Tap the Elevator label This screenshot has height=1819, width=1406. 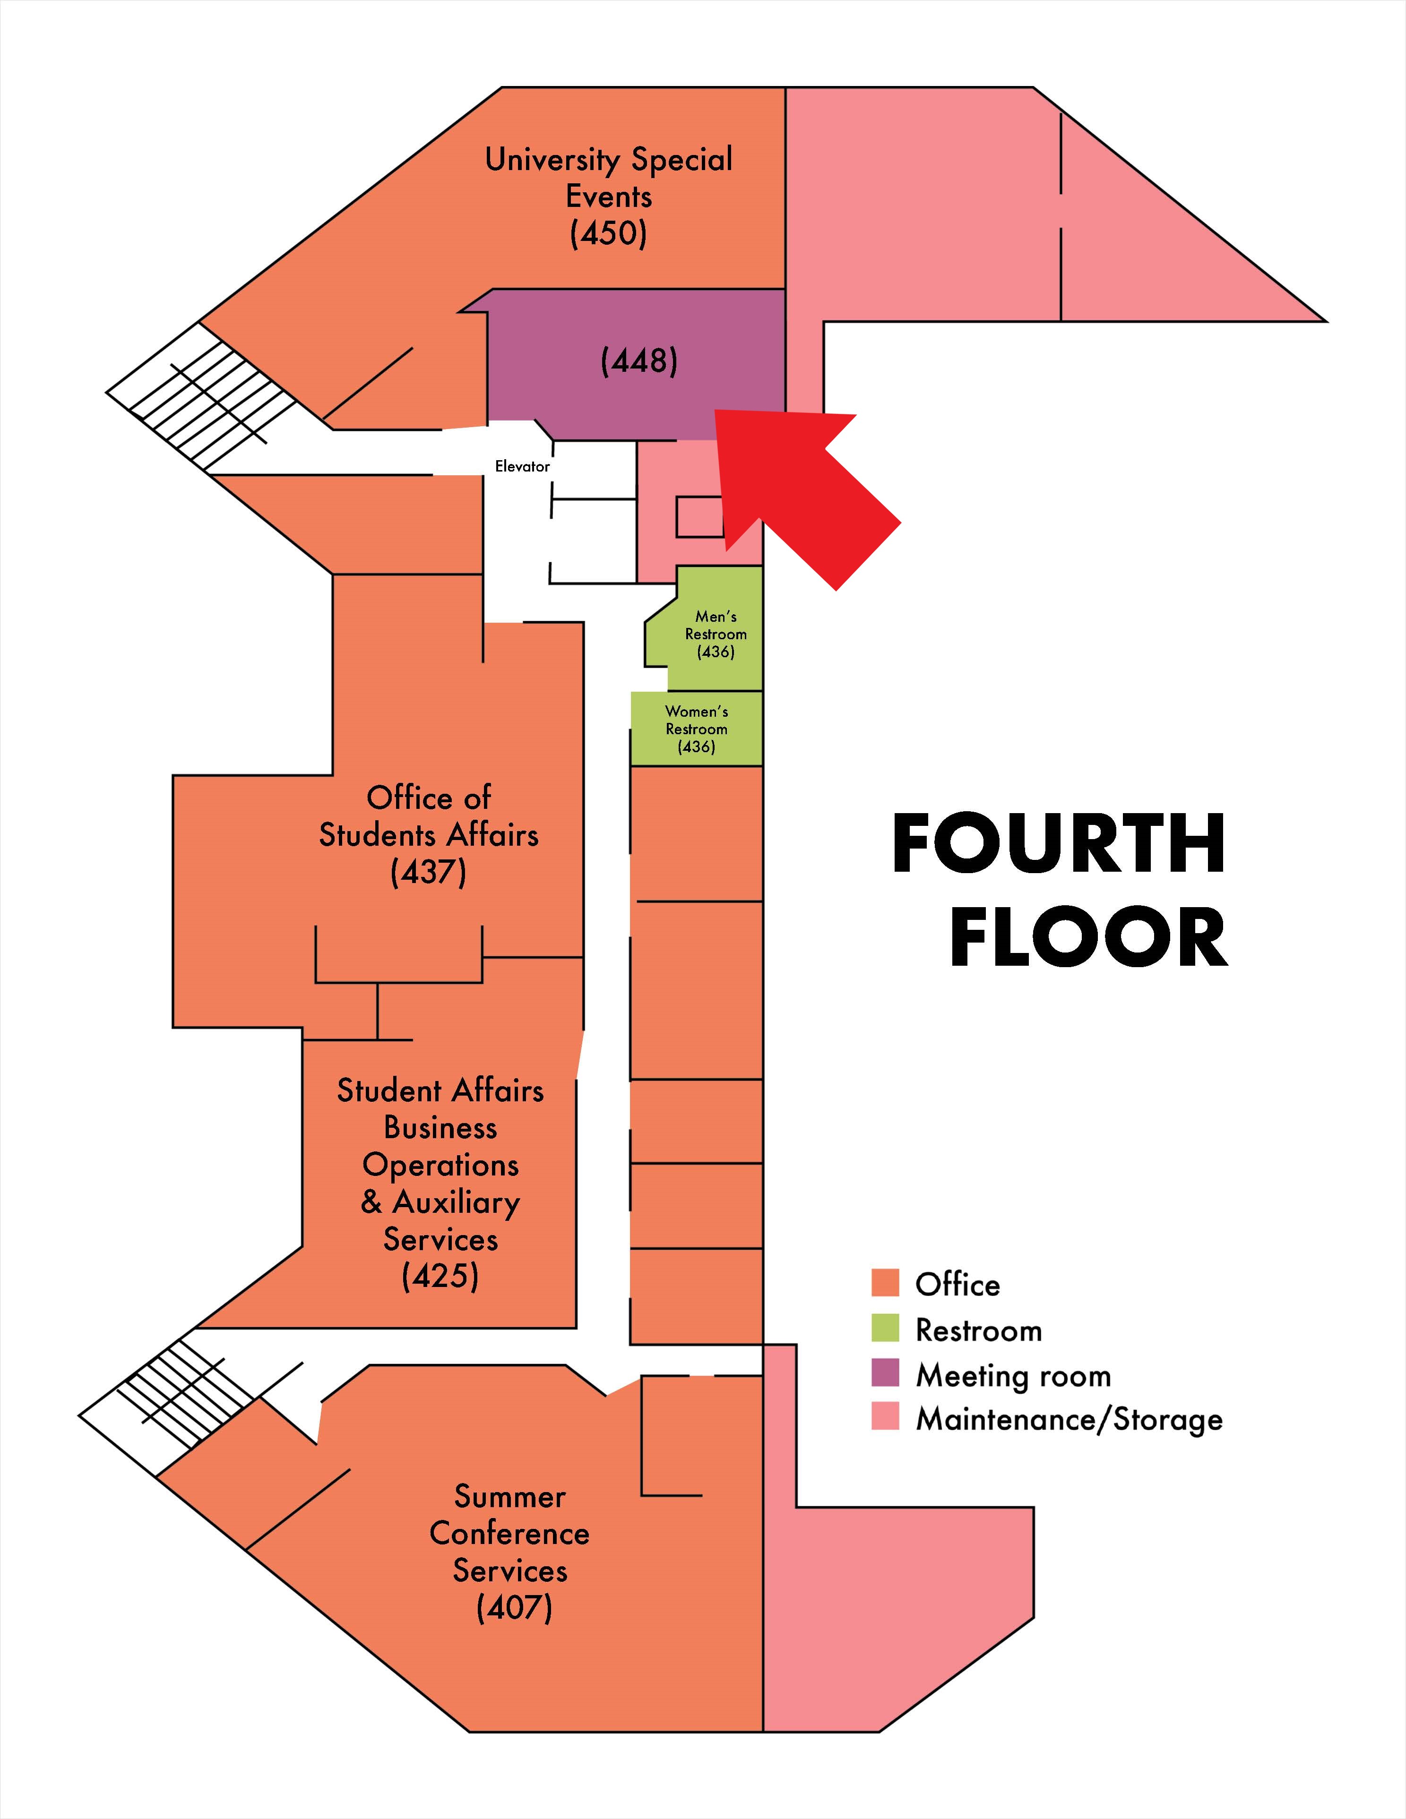pyautogui.click(x=522, y=466)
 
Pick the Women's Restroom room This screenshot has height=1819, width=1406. pyautogui.click(x=696, y=729)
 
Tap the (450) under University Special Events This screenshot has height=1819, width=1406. pyautogui.click(x=608, y=233)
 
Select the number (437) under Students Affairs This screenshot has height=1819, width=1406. pyautogui.click(x=428, y=872)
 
